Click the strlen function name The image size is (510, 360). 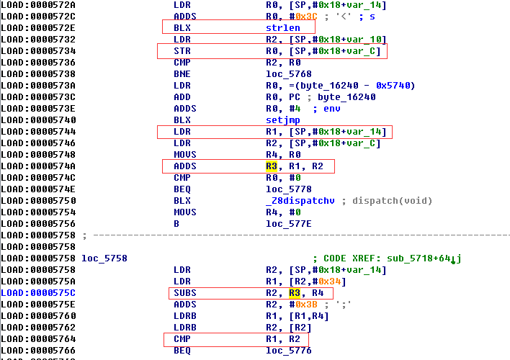tap(283, 28)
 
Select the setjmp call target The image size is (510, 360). tap(283, 120)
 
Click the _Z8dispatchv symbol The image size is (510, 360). tap(300, 201)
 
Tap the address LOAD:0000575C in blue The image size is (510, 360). tap(38, 293)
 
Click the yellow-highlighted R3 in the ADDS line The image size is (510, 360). tap(272, 166)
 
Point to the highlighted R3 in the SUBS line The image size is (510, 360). tap(295, 293)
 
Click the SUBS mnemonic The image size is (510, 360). tap(185, 293)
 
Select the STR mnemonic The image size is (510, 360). tap(182, 51)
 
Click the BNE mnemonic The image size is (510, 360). tap(182, 74)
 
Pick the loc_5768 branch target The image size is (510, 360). tap(289, 74)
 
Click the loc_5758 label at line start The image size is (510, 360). tap(104, 258)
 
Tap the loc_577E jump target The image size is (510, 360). tap(289, 224)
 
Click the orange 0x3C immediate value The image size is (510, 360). tap(306, 17)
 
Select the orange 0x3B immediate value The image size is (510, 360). tap(306, 305)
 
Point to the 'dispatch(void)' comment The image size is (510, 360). tap(393, 201)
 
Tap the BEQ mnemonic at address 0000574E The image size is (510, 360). tap(182, 189)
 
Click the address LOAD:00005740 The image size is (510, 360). tap(38, 120)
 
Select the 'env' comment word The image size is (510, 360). tap(332, 109)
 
